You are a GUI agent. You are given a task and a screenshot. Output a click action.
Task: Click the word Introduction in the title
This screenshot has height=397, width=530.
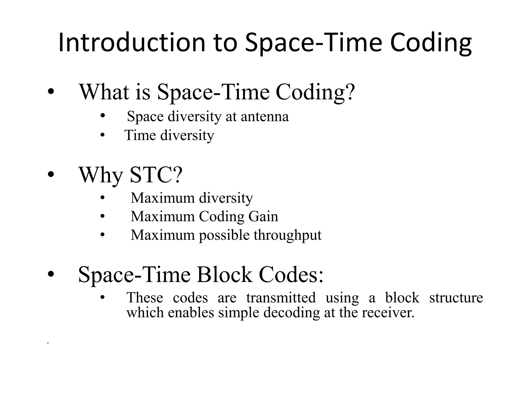pyautogui.click(x=132, y=43)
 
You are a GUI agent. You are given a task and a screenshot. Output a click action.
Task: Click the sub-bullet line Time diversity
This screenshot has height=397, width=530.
pyautogui.click(x=169, y=135)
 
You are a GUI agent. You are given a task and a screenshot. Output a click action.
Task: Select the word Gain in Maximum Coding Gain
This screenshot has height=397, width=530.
pyautogui.click(x=263, y=217)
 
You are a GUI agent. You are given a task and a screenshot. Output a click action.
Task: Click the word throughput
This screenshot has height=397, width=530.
pyautogui.click(x=287, y=235)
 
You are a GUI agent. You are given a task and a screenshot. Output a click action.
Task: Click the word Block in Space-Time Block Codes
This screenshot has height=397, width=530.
pyautogui.click(x=224, y=274)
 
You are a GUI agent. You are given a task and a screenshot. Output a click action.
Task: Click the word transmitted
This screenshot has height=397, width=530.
pyautogui.click(x=281, y=297)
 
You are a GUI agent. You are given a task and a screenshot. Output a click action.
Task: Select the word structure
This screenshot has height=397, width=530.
pyautogui.click(x=456, y=297)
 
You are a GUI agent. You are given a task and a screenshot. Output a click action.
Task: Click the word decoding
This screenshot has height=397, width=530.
pyautogui.click(x=291, y=313)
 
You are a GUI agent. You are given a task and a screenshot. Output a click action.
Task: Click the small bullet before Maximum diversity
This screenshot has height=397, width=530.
pyautogui.click(x=102, y=198)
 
